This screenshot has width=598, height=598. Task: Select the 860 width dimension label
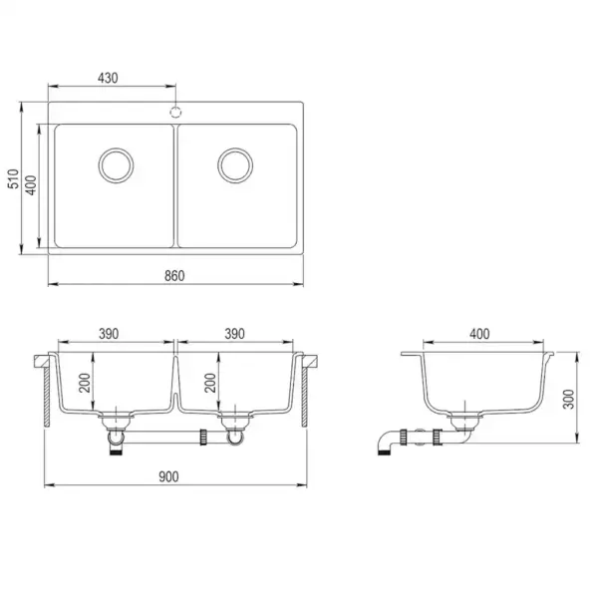coord(173,275)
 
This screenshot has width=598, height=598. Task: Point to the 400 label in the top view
coord(32,184)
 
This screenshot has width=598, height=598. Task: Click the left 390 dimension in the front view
coord(111,334)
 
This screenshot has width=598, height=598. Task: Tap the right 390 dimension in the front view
coord(235,334)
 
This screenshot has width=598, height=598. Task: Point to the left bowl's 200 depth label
coord(86,383)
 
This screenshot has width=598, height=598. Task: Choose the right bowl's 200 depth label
coord(209,383)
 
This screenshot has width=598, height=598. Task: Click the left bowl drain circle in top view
coord(115,164)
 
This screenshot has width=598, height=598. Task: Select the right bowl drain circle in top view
coord(237,164)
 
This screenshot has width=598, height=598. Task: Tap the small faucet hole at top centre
coord(176,112)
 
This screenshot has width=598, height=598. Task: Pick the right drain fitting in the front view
coord(237,427)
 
